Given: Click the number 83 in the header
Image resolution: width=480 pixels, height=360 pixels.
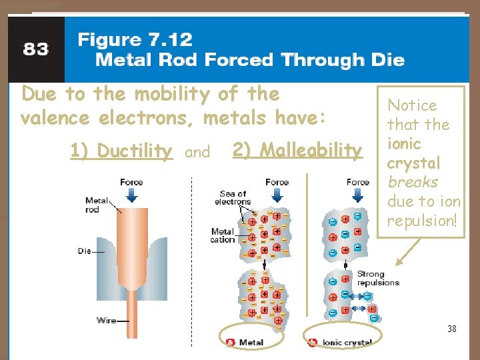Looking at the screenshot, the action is (x=35, y=49).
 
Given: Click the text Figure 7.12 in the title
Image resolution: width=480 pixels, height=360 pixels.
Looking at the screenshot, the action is (x=135, y=39).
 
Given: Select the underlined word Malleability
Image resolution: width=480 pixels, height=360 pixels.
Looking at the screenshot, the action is (x=297, y=151).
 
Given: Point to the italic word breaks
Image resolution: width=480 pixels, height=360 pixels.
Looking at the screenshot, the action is (x=413, y=182).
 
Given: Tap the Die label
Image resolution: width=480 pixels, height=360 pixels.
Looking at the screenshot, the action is (x=85, y=251).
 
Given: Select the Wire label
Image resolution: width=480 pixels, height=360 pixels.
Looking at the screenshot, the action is (x=106, y=321).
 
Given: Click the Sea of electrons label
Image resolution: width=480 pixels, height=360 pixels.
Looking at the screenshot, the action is (x=233, y=198).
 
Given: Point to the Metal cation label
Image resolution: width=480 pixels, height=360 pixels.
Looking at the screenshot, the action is (x=223, y=236).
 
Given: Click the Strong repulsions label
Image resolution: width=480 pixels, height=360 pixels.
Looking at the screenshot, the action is (x=378, y=278).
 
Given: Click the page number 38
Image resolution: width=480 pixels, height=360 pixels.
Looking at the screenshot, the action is (x=452, y=328).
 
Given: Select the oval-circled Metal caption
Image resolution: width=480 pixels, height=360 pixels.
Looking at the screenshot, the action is (x=251, y=343).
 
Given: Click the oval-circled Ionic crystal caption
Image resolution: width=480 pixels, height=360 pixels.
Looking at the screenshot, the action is (x=347, y=343).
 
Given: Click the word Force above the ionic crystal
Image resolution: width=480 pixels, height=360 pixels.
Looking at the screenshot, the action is (x=358, y=182).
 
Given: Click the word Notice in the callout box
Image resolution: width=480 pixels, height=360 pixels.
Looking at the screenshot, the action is (x=413, y=105).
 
